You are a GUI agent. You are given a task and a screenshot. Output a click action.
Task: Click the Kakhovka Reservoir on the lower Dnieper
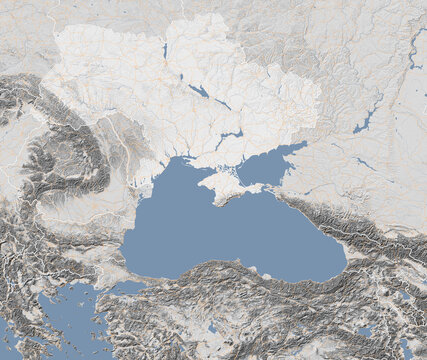[x=231, y=135]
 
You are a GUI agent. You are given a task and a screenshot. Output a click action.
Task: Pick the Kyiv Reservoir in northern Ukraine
[x=164, y=49]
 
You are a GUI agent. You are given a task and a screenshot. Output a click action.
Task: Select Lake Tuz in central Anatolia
[x=216, y=328]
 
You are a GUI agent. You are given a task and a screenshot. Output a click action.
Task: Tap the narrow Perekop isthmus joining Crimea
[x=208, y=171]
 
